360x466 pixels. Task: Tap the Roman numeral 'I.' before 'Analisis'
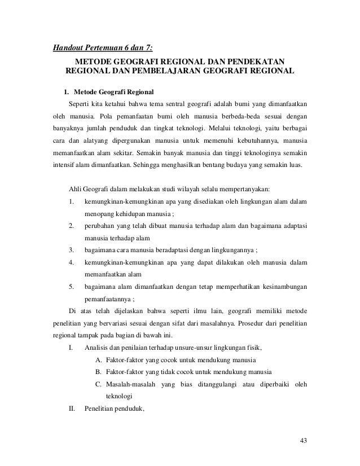pyautogui.click(x=71, y=349)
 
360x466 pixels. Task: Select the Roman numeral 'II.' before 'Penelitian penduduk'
pyautogui.click(x=72, y=419)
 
